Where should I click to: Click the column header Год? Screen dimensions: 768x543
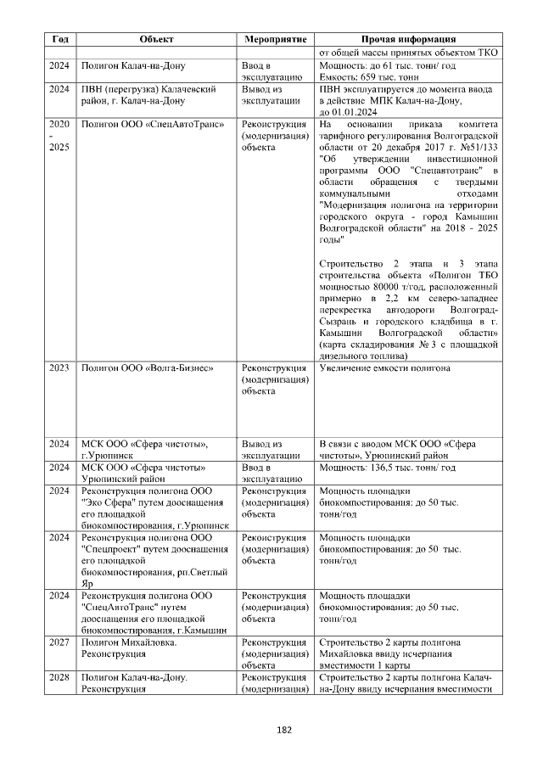point(60,39)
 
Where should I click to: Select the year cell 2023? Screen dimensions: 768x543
point(60,368)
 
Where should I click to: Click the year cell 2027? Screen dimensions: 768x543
point(60,642)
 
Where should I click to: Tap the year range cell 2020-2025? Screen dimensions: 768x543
point(60,135)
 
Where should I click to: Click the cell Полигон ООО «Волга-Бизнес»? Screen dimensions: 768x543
point(146,368)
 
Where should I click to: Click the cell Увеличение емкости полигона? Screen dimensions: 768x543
point(384,368)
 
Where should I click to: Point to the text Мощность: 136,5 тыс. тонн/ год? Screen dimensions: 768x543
point(387,468)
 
